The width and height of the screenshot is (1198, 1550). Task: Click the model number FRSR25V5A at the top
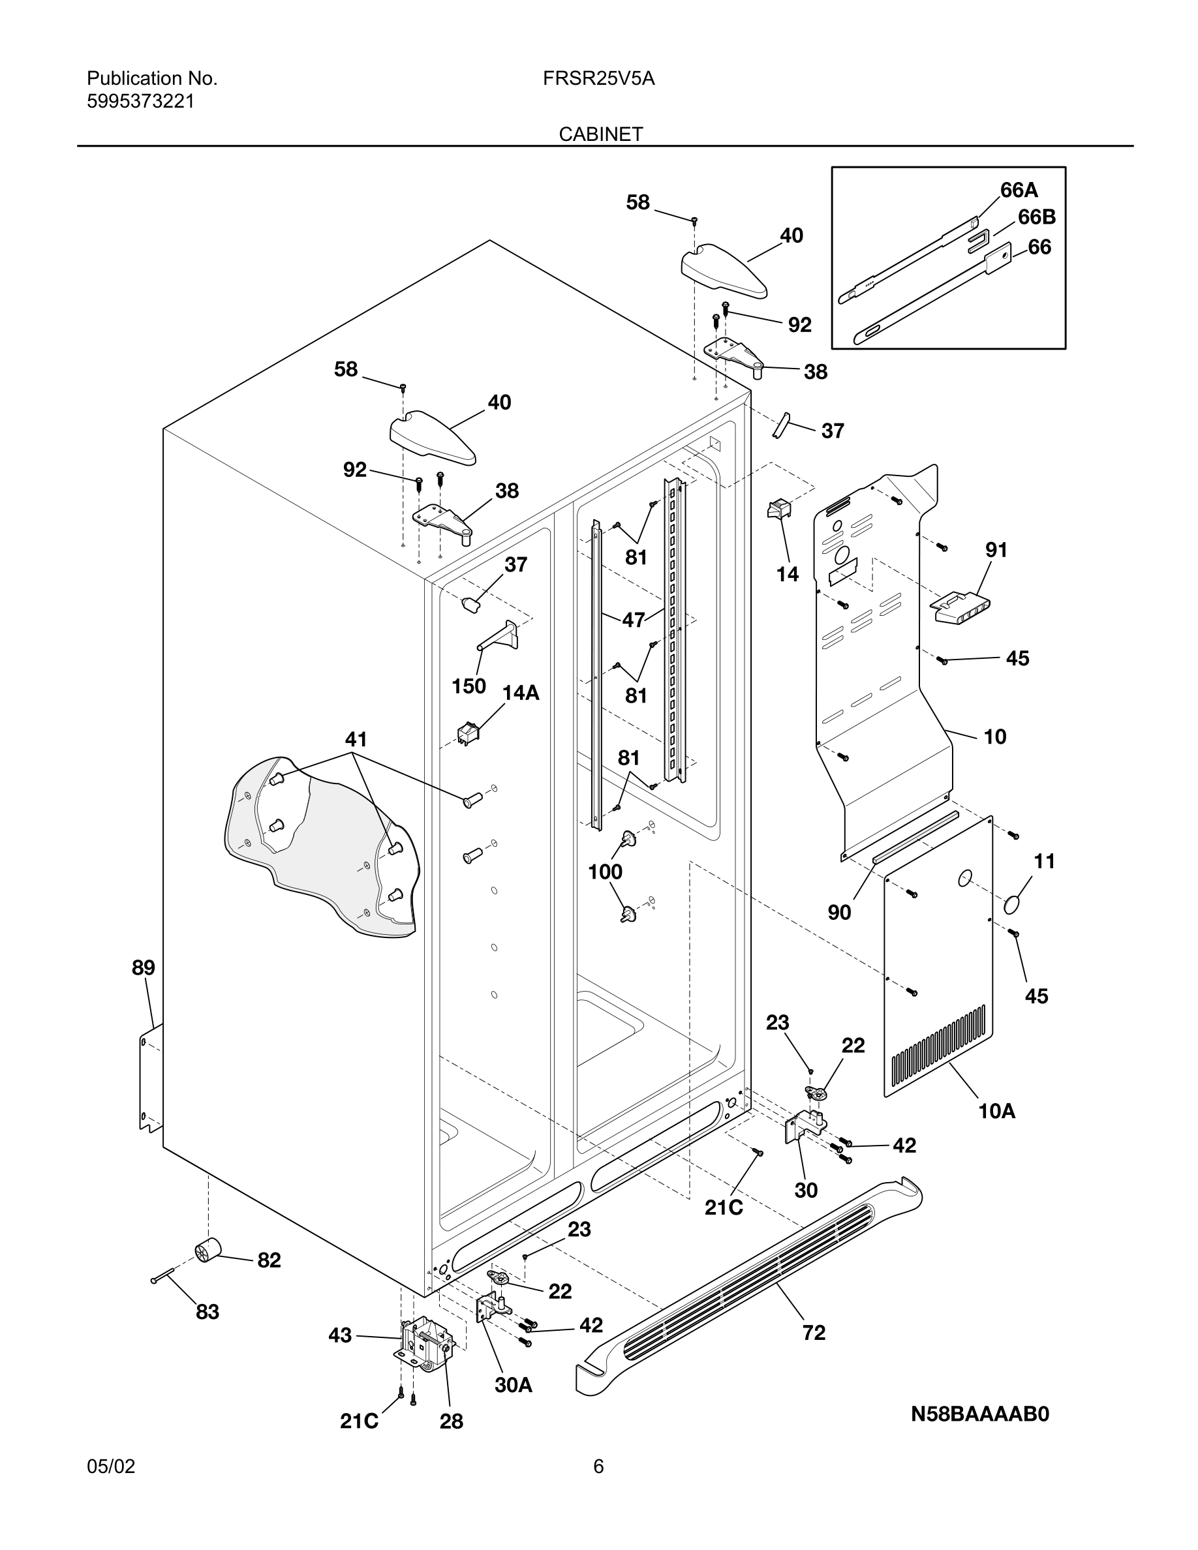click(x=598, y=78)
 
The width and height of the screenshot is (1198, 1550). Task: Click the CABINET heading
click(x=600, y=134)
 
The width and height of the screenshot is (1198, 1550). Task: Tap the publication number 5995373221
click(x=140, y=102)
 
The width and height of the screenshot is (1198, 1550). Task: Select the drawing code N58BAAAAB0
click(x=979, y=1414)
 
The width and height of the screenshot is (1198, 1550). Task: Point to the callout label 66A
click(x=1019, y=190)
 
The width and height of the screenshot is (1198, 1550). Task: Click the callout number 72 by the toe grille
click(x=813, y=1333)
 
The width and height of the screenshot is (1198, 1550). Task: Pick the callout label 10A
click(x=996, y=1111)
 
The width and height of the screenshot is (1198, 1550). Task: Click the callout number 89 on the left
click(x=144, y=967)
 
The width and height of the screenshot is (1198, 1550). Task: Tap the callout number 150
click(x=468, y=686)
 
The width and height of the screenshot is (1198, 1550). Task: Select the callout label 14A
click(x=521, y=693)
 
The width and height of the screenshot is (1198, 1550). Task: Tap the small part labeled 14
click(x=778, y=509)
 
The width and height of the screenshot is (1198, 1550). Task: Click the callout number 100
click(x=605, y=872)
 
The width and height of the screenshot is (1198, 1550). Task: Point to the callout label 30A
click(x=513, y=1385)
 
